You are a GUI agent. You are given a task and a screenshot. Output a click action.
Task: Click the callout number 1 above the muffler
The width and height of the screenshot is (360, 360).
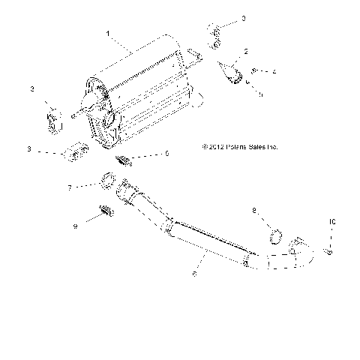pyautogui.click(x=108, y=34)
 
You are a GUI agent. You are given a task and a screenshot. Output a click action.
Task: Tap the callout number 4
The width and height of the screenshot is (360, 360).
pyautogui.click(x=274, y=71)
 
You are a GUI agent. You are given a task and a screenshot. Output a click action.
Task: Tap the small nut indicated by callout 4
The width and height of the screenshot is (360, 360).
pyautogui.click(x=256, y=70)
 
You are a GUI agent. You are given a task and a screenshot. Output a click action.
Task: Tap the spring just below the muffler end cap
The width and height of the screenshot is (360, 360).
pyautogui.click(x=125, y=159)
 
